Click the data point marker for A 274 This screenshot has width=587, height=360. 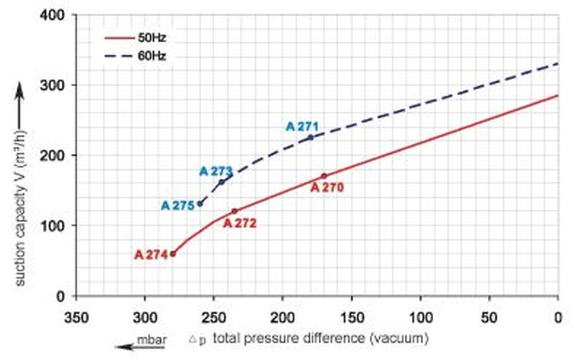click(x=173, y=254)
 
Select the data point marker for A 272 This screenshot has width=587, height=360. click(x=234, y=211)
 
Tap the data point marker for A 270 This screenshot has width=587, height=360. click(x=323, y=176)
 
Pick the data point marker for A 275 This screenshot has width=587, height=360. click(x=200, y=204)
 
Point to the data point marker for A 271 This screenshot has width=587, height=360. click(x=311, y=137)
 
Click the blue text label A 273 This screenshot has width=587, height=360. click(x=216, y=171)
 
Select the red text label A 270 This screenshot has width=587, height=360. click(x=326, y=188)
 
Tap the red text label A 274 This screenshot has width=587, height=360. click(x=151, y=255)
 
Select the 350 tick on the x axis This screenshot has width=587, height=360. click(x=76, y=318)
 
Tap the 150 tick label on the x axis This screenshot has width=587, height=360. click(x=352, y=318)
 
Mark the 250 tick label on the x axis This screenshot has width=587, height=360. click(x=214, y=318)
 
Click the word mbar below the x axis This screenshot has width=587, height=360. click(x=148, y=339)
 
